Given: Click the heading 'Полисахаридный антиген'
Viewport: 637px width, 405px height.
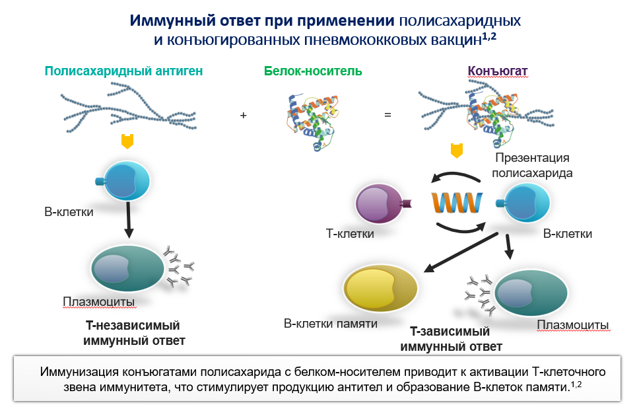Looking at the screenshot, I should pyautogui.click(x=123, y=71).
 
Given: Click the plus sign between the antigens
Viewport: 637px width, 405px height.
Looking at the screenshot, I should pyautogui.click(x=243, y=115).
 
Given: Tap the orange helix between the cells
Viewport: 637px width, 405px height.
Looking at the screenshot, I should pyautogui.click(x=456, y=202).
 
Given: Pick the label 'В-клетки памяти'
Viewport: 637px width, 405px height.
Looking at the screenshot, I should pyautogui.click(x=330, y=324).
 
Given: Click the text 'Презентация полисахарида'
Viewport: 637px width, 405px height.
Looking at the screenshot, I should pyautogui.click(x=532, y=165).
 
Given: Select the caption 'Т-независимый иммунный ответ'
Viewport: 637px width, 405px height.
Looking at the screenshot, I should pyautogui.click(x=133, y=333).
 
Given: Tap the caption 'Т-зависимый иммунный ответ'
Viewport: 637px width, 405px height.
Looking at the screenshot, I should pyautogui.click(x=451, y=338).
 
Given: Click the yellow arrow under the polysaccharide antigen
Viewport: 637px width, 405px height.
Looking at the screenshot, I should pyautogui.click(x=127, y=141).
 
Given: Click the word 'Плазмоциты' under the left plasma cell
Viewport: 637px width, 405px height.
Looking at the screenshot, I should pyautogui.click(x=99, y=302).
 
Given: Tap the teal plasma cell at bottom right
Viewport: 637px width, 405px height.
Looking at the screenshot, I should pyautogui.click(x=531, y=291).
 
